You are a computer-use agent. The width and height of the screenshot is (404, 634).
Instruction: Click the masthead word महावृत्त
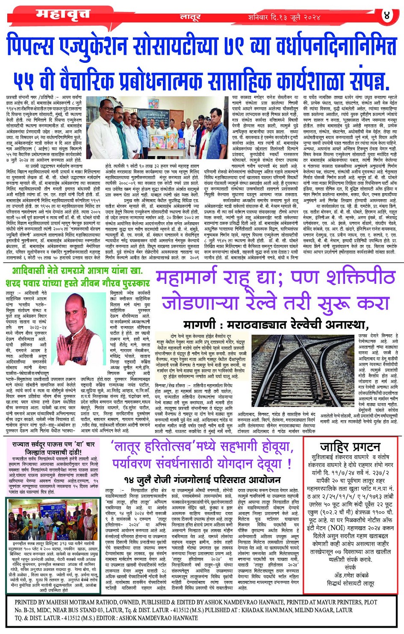tap(63, 14)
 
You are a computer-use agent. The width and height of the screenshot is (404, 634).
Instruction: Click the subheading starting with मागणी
tap(276, 324)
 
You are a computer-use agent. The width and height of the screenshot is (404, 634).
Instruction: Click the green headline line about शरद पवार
tap(78, 283)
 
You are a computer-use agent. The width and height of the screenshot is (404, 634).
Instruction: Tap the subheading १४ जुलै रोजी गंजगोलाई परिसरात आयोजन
tap(202, 480)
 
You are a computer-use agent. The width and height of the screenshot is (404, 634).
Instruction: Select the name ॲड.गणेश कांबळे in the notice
tap(351, 575)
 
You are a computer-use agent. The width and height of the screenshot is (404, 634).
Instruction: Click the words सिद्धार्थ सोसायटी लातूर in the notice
tap(351, 583)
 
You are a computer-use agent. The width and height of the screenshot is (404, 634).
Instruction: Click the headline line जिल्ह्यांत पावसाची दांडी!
tap(53, 452)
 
